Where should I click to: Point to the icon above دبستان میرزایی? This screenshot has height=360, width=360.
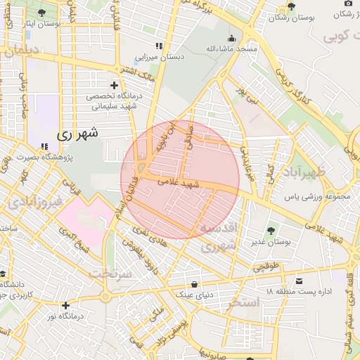(159, 46)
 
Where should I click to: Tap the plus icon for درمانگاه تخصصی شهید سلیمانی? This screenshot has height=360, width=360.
(114, 85)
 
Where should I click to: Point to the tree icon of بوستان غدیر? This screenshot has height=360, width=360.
(271, 230)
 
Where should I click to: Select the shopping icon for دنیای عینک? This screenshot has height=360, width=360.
(195, 284)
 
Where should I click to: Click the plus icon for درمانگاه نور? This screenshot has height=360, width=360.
(65, 305)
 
